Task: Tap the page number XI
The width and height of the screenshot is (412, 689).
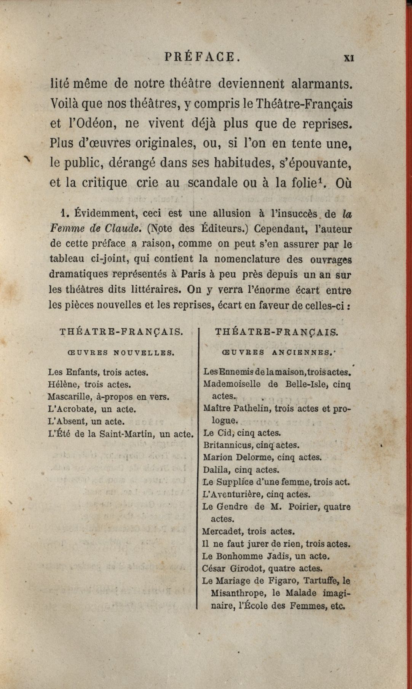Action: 349,58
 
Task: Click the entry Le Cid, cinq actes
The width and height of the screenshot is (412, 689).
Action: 243,433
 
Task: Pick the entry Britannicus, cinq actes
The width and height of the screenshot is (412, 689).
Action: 251,445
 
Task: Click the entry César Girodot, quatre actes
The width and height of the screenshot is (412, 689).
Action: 263,569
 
